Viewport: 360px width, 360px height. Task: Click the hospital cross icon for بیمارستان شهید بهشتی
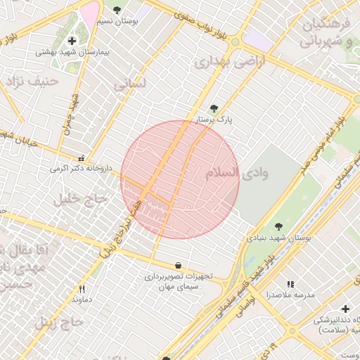(72, 41)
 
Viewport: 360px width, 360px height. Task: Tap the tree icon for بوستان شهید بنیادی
(279, 226)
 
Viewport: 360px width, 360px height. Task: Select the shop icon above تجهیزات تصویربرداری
(177, 266)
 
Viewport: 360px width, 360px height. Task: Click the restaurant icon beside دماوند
(82, 289)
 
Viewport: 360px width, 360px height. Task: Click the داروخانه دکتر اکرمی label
(81, 169)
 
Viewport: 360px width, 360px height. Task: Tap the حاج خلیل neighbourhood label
(79, 200)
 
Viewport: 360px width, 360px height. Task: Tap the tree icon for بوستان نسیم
(117, 10)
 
